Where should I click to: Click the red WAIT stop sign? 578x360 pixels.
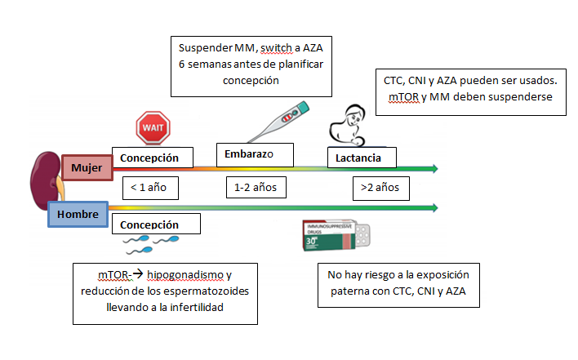click(153, 128)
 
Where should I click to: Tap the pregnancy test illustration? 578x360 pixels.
click(278, 122)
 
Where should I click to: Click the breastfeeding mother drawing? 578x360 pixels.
click(348, 125)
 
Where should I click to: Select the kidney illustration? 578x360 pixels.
click(46, 180)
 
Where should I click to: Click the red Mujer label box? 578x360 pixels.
click(87, 167)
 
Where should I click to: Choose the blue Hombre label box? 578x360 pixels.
click(78, 214)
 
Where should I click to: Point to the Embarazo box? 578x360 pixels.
click(255, 155)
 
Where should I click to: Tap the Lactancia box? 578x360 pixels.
click(362, 158)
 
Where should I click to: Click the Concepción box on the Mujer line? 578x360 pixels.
click(153, 158)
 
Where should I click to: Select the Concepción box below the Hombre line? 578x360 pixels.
click(156, 224)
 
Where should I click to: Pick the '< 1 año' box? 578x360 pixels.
click(150, 188)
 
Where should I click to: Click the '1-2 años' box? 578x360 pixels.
click(256, 188)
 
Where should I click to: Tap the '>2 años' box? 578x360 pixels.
click(381, 189)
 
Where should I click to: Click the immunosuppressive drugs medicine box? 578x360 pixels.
click(336, 235)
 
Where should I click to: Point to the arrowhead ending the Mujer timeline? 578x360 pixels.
click(435, 169)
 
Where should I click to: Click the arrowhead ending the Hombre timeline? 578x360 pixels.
click(435, 208)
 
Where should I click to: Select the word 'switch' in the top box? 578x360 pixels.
click(276, 48)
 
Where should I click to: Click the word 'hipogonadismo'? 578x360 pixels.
click(185, 275)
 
